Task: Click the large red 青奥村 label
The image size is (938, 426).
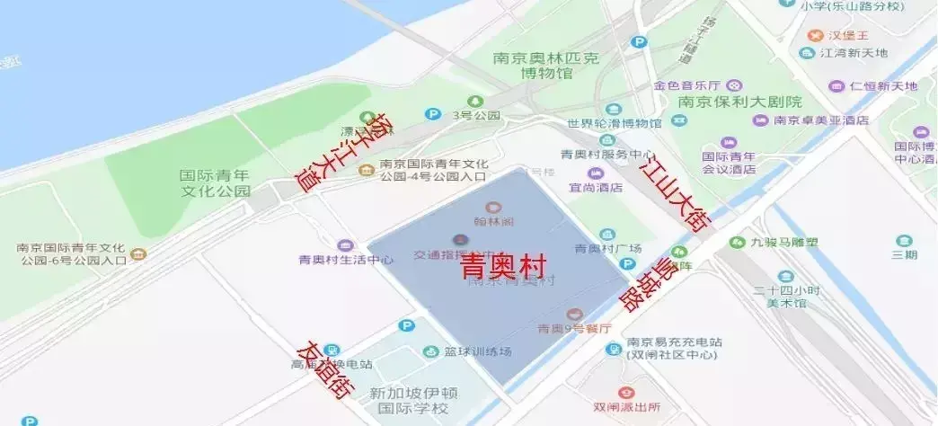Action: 505,267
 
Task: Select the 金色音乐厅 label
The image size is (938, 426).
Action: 688,86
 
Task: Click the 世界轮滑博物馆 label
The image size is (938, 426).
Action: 615,123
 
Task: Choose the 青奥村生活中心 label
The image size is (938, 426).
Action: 346,260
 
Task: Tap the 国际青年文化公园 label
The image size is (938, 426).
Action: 215,183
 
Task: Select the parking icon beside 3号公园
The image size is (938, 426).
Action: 433,114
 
